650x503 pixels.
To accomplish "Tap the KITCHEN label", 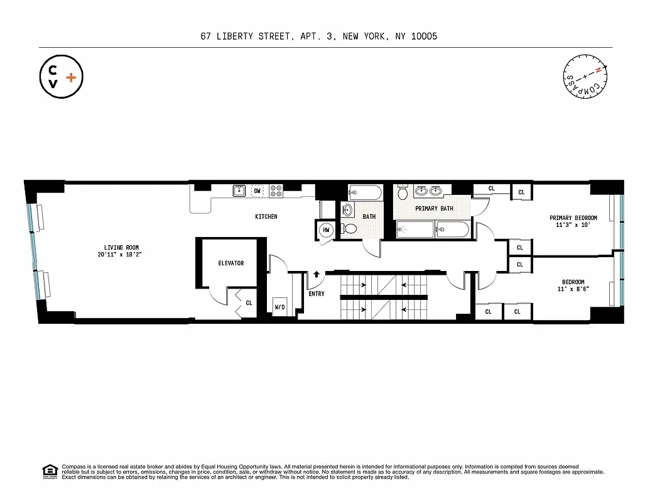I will tap(266, 217).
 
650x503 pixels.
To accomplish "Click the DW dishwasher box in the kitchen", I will tap(257, 191).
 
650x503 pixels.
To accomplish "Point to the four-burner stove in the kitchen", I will tap(276, 191).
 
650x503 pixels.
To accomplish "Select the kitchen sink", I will tap(239, 191).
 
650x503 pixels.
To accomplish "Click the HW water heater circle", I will tap(326, 231).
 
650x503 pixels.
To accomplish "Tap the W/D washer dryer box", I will tap(279, 307).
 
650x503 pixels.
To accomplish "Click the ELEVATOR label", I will tap(230, 263).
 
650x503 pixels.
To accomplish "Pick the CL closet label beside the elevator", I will tap(249, 303).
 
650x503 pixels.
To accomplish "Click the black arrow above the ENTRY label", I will tap(317, 275).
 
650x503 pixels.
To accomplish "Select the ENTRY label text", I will tap(317, 294).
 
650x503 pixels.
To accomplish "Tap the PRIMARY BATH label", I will tap(433, 209).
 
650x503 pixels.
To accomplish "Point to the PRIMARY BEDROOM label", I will tap(573, 218).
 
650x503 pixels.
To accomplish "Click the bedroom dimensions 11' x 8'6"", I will tap(573, 289).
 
